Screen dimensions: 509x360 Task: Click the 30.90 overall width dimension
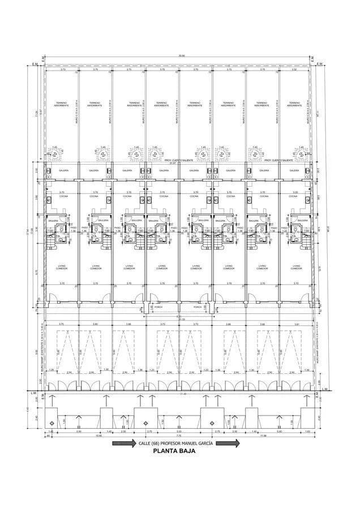click(181, 55)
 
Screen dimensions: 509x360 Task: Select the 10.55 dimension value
click(98, 436)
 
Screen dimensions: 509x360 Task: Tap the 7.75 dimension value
click(178, 436)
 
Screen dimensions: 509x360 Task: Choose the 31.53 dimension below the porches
click(182, 319)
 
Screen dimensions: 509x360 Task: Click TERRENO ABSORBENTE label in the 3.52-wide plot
click(294, 104)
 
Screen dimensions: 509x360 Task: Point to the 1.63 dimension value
click(308, 431)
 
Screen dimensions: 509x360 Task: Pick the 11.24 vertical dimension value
click(36, 113)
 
